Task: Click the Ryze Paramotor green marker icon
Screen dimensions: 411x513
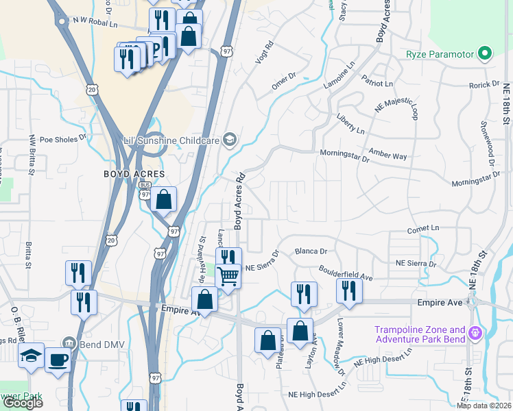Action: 486,53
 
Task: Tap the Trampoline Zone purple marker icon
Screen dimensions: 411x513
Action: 474,335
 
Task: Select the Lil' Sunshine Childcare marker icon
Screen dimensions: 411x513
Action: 230,140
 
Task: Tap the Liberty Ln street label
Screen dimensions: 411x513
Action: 350,124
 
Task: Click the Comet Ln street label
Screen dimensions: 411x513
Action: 422,228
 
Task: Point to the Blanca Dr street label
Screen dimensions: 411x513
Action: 311,251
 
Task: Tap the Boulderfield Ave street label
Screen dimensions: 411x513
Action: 346,273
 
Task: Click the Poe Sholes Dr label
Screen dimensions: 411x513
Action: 63,137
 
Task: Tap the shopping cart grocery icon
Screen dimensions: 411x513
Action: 228,276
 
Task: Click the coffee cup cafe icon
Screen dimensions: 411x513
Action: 58,359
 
